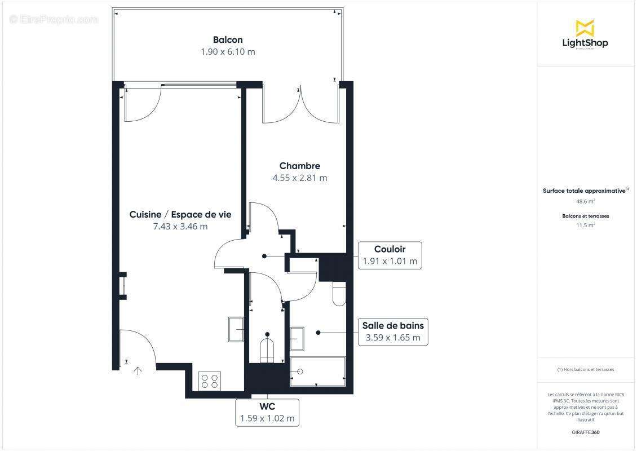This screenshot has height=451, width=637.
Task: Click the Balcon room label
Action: [228, 39]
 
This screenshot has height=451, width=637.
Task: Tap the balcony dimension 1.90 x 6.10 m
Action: [228, 52]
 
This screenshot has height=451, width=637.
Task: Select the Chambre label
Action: [299, 166]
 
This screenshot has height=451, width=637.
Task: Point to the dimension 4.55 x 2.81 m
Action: [299, 178]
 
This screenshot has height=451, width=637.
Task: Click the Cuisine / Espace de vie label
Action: [180, 214]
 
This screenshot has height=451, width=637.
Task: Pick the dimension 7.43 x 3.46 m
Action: [180, 227]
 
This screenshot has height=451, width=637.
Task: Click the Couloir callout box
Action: [390, 255]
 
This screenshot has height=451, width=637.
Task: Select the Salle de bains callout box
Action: [393, 332]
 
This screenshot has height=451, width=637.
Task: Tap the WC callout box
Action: [267, 413]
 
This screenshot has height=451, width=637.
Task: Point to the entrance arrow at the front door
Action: [138, 370]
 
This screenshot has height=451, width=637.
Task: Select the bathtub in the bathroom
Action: [317, 372]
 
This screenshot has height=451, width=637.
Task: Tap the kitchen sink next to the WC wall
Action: [236, 329]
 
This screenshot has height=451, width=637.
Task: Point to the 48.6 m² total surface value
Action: [585, 201]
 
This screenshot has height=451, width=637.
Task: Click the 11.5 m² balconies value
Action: [585, 225]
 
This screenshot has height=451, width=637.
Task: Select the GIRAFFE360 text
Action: [585, 432]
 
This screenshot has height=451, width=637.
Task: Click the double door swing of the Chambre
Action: [301, 105]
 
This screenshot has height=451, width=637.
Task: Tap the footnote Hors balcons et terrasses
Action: [585, 369]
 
